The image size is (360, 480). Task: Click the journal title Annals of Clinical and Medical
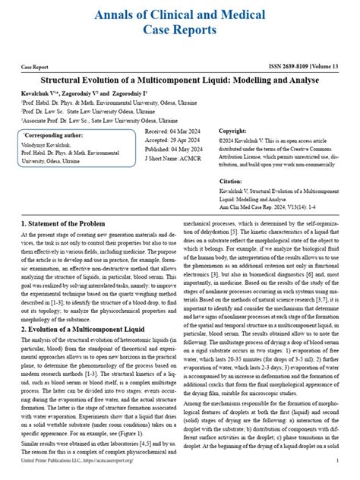(x=180, y=14)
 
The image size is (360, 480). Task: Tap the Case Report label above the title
(x=37, y=67)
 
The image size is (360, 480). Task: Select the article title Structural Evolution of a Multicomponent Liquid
(x=180, y=79)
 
